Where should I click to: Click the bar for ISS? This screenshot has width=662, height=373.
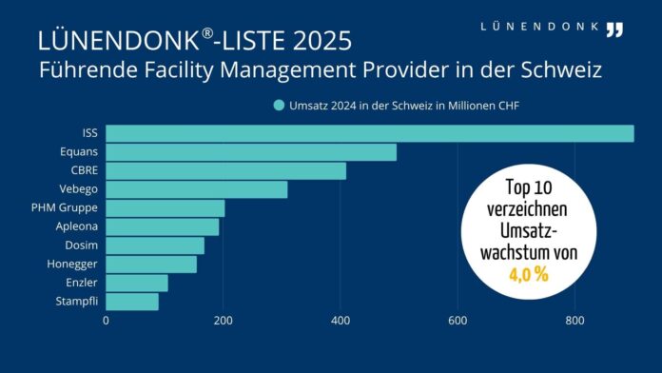[x=369, y=133]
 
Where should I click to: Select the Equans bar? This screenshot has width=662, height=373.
[x=251, y=152]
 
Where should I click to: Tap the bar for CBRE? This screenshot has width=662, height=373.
[x=225, y=171]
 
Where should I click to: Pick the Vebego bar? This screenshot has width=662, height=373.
[x=196, y=189]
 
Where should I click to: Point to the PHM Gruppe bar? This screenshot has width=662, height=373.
[x=165, y=208]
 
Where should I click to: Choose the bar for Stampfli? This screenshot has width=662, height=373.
[x=132, y=302]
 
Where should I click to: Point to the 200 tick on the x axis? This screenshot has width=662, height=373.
[x=224, y=321]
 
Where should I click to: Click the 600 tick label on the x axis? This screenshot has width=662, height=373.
[x=458, y=321]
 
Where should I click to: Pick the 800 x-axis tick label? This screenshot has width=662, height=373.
[x=574, y=321]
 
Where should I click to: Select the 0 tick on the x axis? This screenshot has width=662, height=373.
[x=106, y=321]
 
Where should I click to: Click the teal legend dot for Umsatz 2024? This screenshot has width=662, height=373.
[x=280, y=106]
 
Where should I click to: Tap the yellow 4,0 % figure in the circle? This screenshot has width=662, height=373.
[x=530, y=274]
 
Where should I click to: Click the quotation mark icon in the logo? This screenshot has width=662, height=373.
[x=614, y=29]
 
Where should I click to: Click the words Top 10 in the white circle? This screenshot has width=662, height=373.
[x=530, y=188]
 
